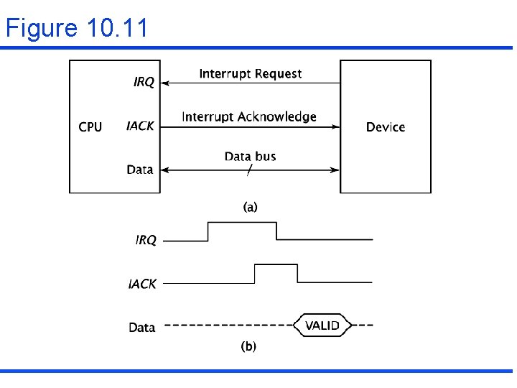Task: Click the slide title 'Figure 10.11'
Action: (x=77, y=28)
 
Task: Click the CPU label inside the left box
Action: (x=90, y=127)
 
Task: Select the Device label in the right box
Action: (x=386, y=127)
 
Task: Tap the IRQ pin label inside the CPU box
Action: (x=144, y=83)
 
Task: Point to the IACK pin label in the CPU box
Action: (x=140, y=126)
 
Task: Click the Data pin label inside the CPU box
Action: (x=140, y=170)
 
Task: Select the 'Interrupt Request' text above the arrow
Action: (x=250, y=73)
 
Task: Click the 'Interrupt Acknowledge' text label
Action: (x=249, y=116)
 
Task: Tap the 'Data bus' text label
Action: (x=250, y=156)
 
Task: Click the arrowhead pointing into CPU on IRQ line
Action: (x=165, y=83)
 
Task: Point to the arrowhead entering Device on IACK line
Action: (x=335, y=127)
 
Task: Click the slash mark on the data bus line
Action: (x=249, y=170)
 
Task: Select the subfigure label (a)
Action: (x=250, y=207)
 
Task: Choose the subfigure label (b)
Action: (x=248, y=346)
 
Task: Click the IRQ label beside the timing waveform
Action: (x=146, y=240)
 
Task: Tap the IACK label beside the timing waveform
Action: (x=142, y=284)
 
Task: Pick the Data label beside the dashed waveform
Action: (x=141, y=327)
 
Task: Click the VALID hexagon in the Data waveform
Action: (x=322, y=325)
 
